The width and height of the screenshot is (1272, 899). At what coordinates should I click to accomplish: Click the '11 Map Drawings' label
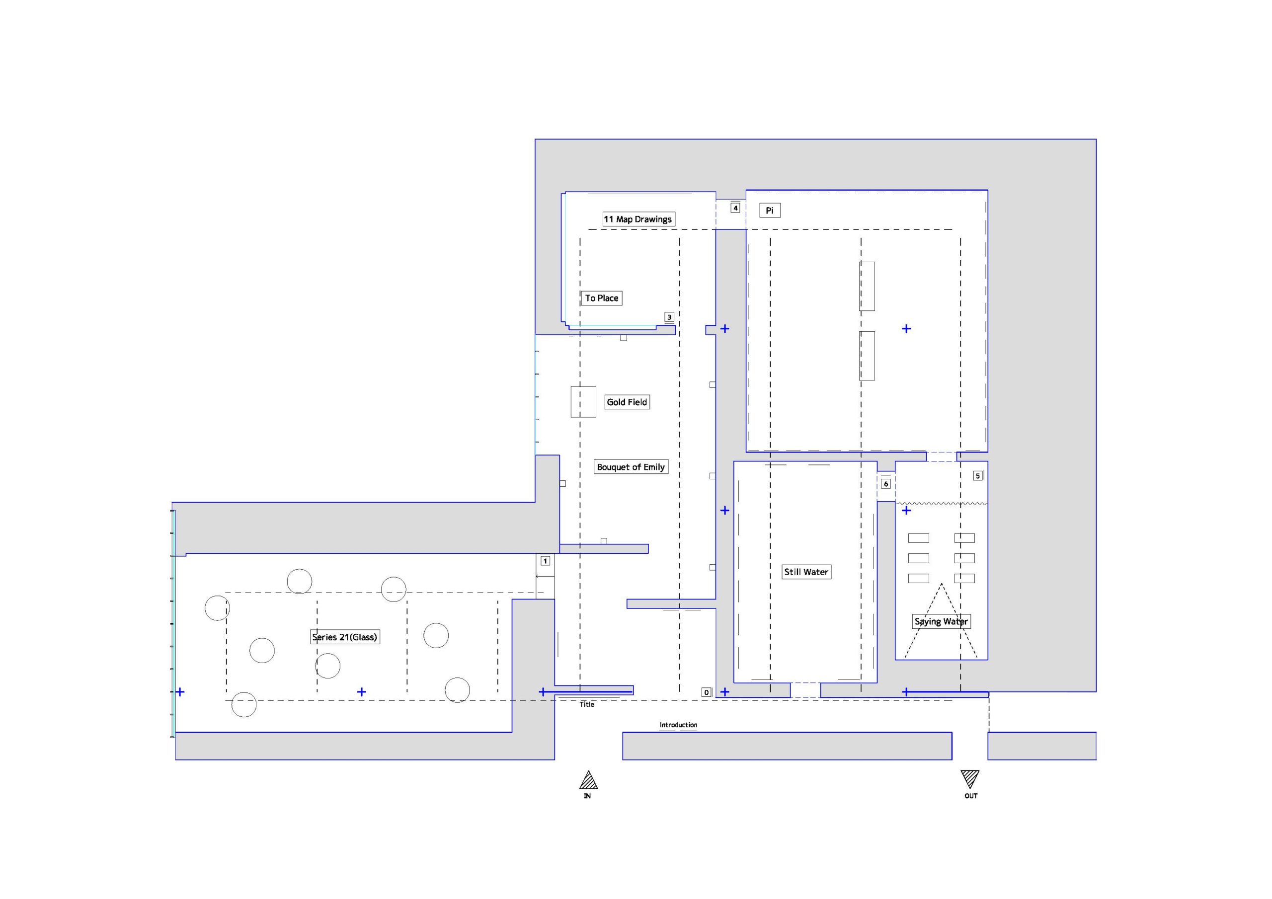[638, 220]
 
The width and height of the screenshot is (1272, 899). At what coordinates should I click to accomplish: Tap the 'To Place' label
[601, 298]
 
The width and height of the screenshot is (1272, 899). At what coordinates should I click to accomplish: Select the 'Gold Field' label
[627, 402]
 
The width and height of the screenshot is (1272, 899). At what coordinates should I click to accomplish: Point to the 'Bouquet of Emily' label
[631, 467]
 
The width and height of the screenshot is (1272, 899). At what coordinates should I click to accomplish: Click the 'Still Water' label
[806, 572]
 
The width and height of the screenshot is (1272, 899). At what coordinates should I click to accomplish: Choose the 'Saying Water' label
[941, 621]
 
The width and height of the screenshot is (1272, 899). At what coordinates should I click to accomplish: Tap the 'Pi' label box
[770, 211]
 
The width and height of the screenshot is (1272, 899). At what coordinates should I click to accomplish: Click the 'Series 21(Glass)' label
[345, 637]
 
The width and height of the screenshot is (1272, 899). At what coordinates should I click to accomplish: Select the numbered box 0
[707, 692]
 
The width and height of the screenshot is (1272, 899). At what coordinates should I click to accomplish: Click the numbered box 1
[545, 561]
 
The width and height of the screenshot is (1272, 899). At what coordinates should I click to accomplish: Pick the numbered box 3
[669, 317]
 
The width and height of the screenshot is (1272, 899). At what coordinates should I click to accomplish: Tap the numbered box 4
[735, 208]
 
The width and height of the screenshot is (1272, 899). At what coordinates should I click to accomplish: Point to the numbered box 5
[978, 476]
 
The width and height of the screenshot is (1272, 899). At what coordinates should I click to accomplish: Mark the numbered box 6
[886, 484]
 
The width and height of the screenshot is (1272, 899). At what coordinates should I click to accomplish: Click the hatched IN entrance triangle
[588, 780]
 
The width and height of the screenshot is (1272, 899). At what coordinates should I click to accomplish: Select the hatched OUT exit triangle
[970, 778]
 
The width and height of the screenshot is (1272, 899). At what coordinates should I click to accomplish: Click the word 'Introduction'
[678, 725]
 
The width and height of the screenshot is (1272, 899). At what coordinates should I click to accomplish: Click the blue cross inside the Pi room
[906, 329]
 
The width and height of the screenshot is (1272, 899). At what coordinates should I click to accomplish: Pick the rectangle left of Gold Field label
[583, 402]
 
